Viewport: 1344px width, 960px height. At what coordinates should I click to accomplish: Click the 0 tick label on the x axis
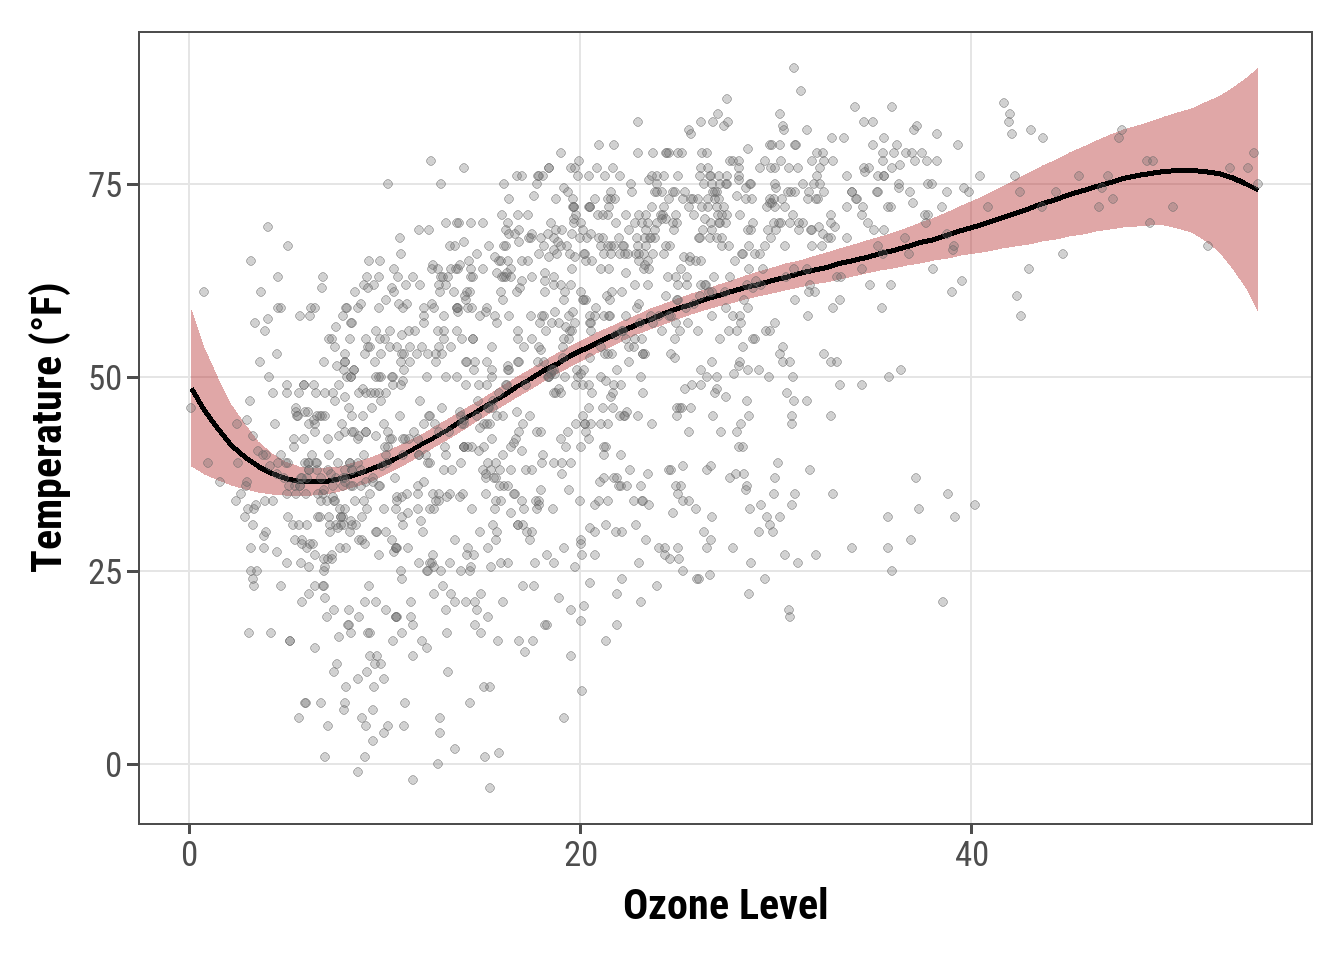pos(189,856)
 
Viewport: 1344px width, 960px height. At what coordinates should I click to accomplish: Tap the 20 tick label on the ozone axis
pos(580,856)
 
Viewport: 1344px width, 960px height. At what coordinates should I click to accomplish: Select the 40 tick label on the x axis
pos(971,856)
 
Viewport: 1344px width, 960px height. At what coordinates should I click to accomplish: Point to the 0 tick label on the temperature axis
pos(113,766)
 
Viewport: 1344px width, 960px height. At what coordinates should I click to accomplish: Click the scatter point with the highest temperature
pos(794,68)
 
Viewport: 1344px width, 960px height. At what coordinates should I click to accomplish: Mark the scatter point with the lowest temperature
pos(490,788)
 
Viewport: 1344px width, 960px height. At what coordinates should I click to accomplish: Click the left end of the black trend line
pos(191,389)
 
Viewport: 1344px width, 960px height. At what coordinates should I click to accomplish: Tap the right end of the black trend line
pos(1257,189)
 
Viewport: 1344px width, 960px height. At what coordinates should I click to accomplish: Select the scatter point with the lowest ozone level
pos(191,407)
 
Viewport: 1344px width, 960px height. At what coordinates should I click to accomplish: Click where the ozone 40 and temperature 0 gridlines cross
pos(971,764)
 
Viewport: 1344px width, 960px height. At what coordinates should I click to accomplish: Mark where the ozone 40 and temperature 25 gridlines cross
pos(971,571)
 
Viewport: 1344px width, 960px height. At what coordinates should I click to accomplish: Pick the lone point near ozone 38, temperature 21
pos(942,602)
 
